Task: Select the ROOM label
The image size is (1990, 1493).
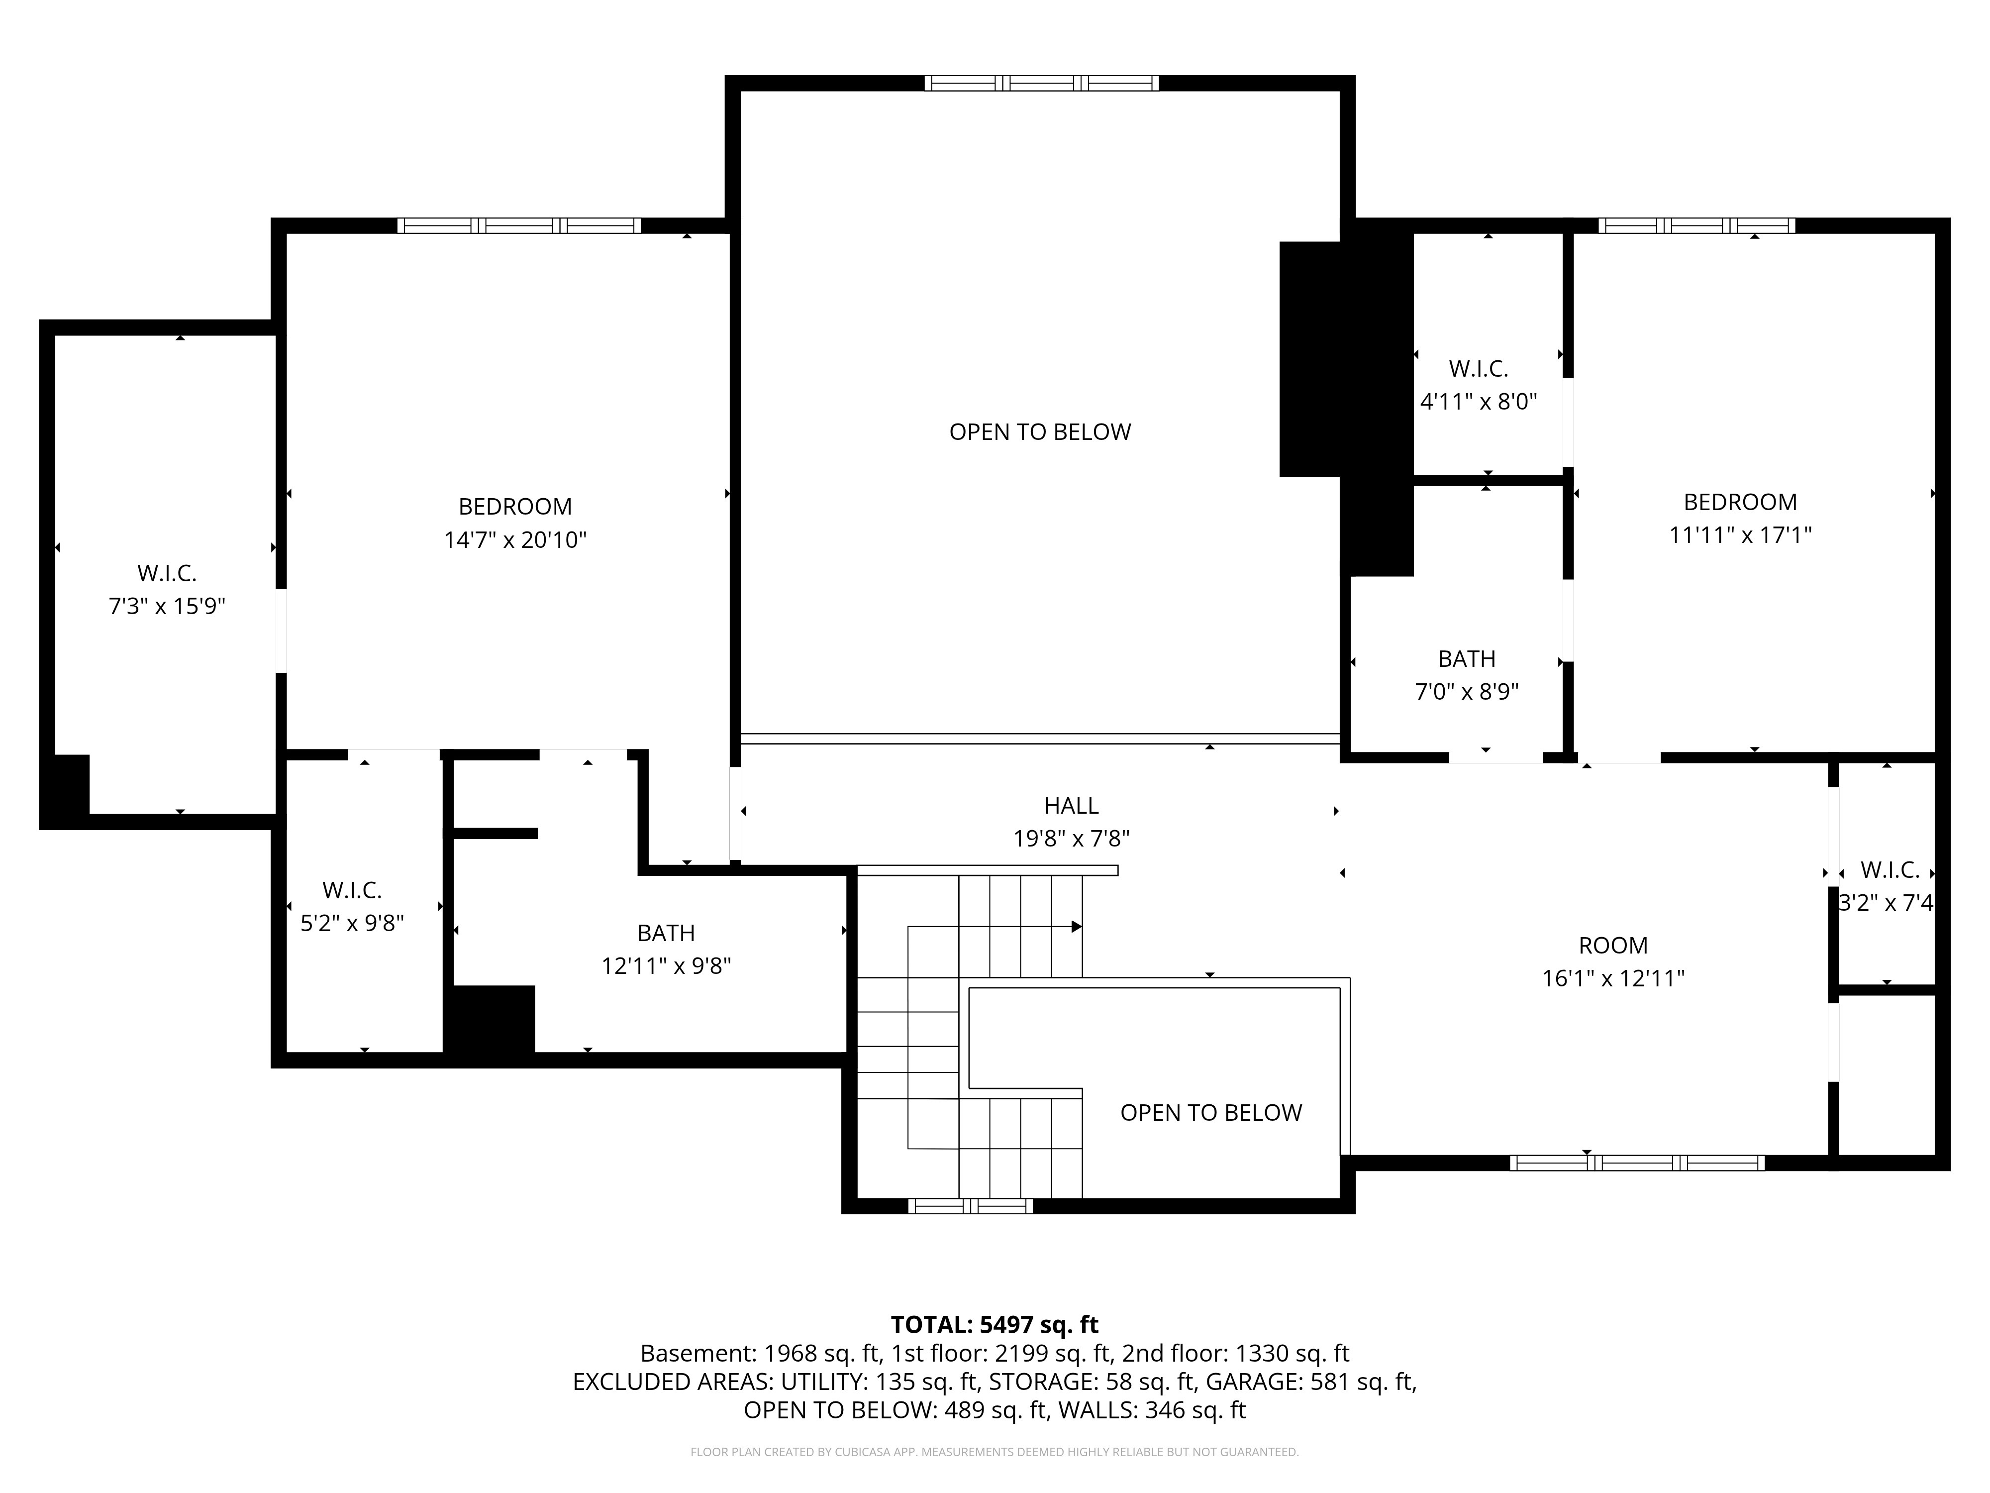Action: coord(1613,946)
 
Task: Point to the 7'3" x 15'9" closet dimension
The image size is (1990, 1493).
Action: coord(167,607)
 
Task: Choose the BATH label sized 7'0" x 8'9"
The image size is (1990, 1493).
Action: coord(1467,659)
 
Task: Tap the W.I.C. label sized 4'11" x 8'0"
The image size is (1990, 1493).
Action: coord(1478,368)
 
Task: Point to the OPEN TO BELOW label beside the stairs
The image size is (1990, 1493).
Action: coord(1211,1113)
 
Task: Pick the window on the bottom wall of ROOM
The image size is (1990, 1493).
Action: coord(1636,1163)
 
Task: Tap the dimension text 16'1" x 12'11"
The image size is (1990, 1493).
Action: coord(1613,979)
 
